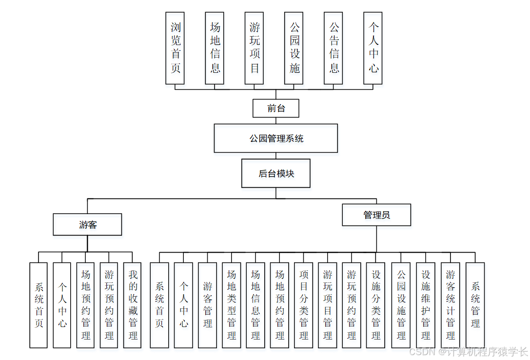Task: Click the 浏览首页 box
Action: (x=175, y=48)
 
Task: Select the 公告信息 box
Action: (x=334, y=48)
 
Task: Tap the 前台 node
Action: (x=275, y=108)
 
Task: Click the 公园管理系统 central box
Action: (x=275, y=138)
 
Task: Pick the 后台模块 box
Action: (x=275, y=173)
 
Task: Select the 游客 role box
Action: (x=87, y=225)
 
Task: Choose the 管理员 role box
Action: (x=376, y=215)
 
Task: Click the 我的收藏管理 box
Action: (x=133, y=305)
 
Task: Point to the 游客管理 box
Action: (x=207, y=305)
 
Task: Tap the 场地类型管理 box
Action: (x=232, y=305)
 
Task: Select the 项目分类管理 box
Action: (x=304, y=305)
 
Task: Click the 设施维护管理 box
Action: (x=426, y=305)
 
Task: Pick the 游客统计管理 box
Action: (x=451, y=305)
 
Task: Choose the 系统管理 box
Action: (x=475, y=305)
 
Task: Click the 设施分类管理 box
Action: (x=376, y=305)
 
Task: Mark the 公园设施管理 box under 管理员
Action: (x=401, y=305)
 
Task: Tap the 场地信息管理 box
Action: (x=255, y=305)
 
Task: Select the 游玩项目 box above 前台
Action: (x=254, y=48)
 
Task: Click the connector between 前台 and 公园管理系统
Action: (x=275, y=120)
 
